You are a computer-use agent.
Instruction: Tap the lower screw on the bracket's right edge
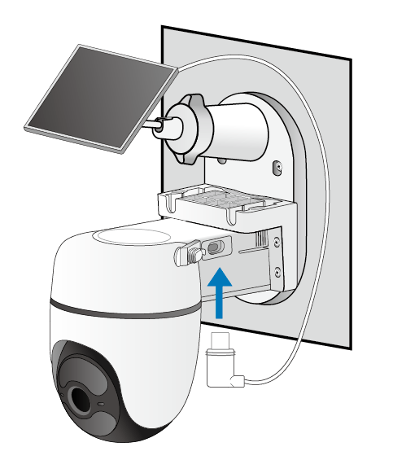tap(279, 271)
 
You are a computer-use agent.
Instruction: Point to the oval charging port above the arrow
tap(216, 247)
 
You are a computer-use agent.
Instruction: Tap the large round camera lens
tap(82, 400)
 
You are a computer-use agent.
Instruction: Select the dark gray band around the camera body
tap(122, 310)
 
